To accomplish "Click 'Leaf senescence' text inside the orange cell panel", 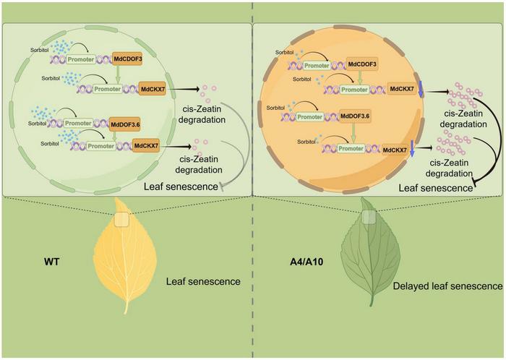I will (432, 187).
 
